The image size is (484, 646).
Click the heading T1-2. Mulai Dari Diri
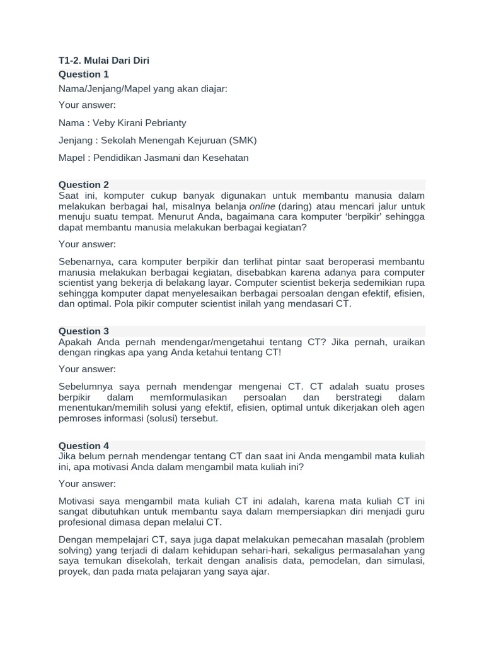click(104, 61)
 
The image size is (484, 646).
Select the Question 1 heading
click(84, 74)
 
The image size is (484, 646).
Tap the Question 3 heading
click(84, 331)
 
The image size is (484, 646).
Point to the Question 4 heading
click(84, 445)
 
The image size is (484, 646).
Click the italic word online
click(262, 206)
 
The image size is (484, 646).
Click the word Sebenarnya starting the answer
click(85, 261)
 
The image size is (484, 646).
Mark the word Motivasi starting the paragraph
click(78, 501)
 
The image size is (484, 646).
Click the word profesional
click(84, 522)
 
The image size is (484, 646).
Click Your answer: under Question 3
click(87, 369)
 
